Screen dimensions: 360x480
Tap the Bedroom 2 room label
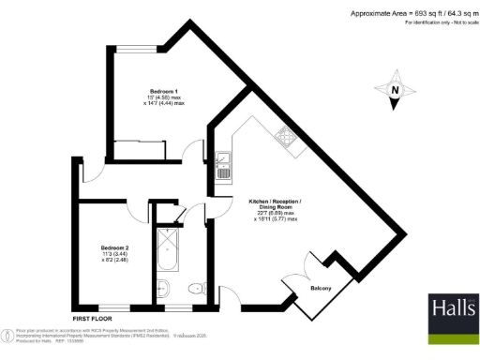click(115, 247)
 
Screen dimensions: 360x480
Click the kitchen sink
click(224, 166)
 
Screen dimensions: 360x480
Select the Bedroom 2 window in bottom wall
click(114, 307)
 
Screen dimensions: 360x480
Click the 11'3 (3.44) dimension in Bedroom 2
click(115, 254)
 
